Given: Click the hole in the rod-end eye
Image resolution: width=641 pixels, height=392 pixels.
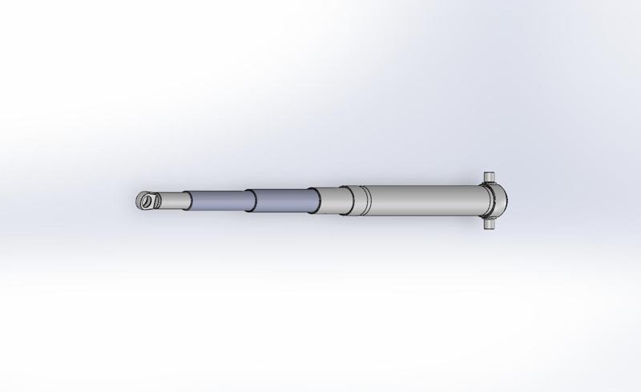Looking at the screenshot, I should click(x=145, y=201).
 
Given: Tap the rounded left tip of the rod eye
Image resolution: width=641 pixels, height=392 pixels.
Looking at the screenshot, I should click(x=137, y=201).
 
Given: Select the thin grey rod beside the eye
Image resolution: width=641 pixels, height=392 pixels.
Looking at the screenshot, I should click(x=171, y=200).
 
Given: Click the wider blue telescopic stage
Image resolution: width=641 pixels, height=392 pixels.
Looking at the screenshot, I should click(x=279, y=200).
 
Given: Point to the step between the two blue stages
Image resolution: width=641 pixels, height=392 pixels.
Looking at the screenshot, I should click(x=248, y=201).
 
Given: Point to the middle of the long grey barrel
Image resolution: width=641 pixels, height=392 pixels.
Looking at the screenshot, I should click(x=425, y=199).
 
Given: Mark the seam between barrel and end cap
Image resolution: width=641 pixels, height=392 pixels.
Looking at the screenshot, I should click(x=484, y=199).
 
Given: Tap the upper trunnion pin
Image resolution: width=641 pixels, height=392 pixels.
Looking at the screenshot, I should click(x=488, y=177).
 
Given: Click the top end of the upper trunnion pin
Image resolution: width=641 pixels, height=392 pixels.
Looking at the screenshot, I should click(x=488, y=172).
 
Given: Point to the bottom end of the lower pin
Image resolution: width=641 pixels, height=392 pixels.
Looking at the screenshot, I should click(x=488, y=230).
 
